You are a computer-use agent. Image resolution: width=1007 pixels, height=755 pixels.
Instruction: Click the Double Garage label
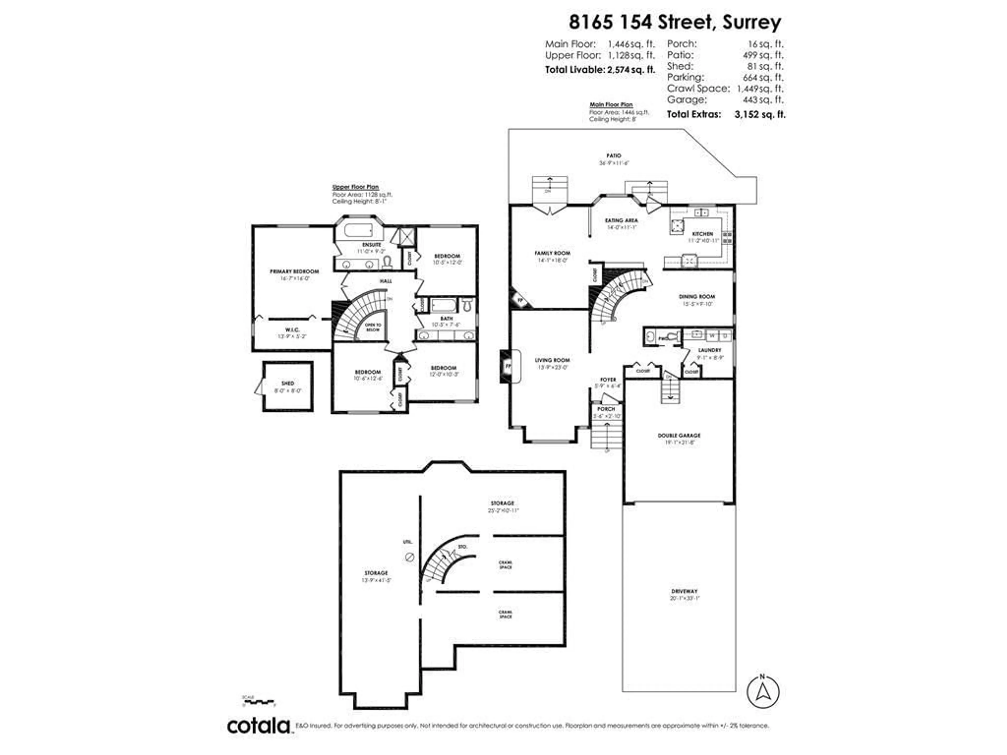point(679,435)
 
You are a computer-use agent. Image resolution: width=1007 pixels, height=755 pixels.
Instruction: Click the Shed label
point(288,384)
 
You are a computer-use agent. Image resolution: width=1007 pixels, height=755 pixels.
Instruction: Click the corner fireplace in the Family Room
point(520,300)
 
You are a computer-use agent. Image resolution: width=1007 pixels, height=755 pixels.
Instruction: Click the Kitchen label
point(703,234)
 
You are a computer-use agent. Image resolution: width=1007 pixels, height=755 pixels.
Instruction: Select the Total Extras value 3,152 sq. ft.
point(759,114)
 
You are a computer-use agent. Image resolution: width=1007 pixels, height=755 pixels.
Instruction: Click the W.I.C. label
point(292,330)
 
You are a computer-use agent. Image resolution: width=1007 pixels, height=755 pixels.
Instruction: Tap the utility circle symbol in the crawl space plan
point(409,557)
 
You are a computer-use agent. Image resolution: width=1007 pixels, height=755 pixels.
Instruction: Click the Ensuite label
point(372,245)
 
